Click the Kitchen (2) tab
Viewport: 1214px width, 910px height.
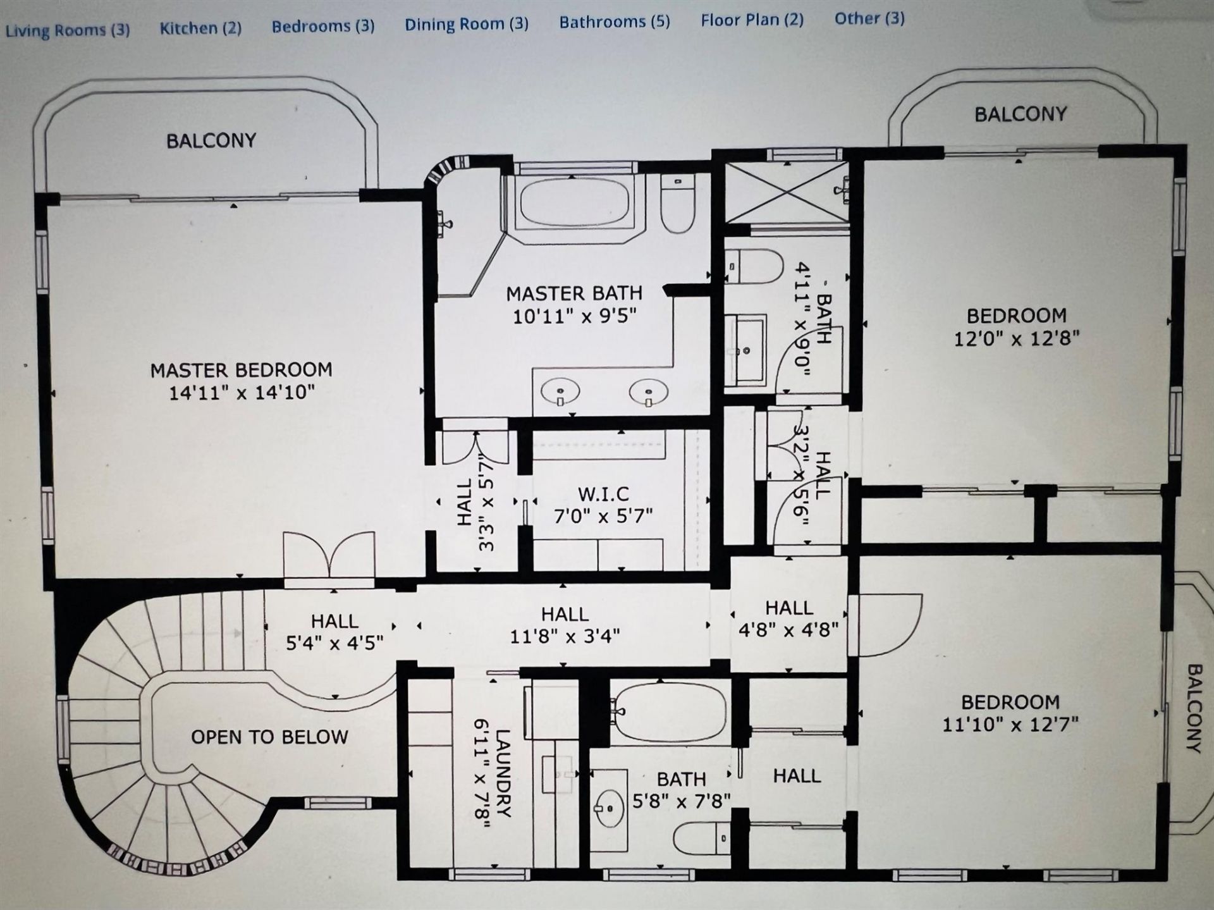(200, 28)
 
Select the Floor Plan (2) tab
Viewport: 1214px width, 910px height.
(752, 20)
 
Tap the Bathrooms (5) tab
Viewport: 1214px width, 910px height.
(615, 22)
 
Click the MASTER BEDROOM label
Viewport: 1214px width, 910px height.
(241, 370)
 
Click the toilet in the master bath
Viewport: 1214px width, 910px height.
(678, 202)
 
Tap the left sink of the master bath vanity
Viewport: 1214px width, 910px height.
(560, 392)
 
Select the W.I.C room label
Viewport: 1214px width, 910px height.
(603, 494)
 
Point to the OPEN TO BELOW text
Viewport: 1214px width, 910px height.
(269, 737)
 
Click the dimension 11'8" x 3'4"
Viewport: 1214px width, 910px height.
(565, 636)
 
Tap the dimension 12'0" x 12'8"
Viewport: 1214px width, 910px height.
(1016, 338)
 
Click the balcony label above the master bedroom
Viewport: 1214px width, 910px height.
(211, 140)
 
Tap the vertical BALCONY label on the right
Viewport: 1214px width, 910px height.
(1194, 708)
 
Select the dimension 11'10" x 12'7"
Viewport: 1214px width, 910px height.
(1010, 724)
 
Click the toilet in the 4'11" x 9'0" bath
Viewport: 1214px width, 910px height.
(754, 266)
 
